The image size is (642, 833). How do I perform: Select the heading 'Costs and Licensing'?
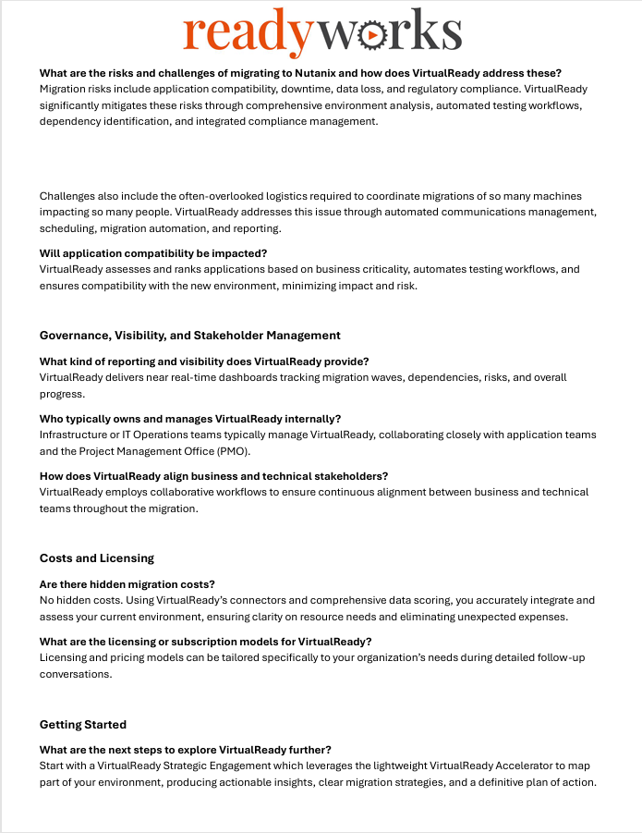(x=97, y=558)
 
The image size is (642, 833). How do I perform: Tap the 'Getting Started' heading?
(x=83, y=724)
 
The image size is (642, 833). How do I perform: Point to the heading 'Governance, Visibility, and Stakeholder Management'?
(x=190, y=336)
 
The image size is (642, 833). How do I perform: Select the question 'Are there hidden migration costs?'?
(x=127, y=584)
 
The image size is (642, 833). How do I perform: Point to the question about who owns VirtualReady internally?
(x=189, y=419)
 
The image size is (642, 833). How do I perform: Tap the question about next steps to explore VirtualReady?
(x=186, y=750)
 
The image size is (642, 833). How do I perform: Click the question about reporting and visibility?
(x=204, y=361)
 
